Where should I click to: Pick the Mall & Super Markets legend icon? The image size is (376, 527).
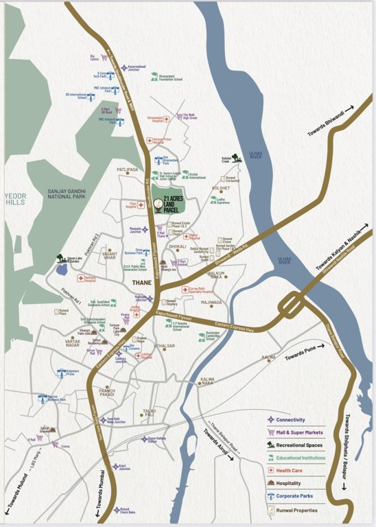pyautogui.click(x=272, y=432)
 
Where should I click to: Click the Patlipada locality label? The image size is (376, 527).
pyautogui.click(x=127, y=169)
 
